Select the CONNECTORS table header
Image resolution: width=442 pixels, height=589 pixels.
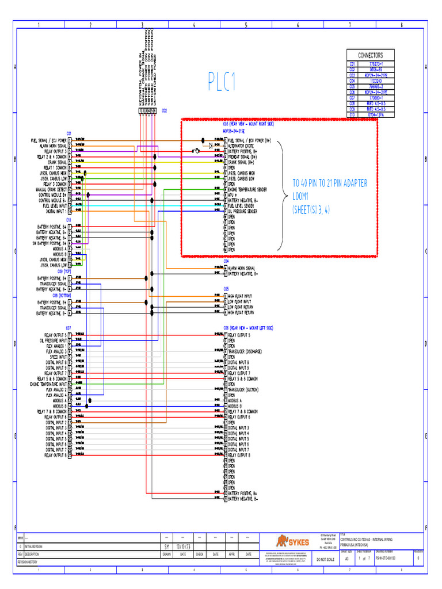click(x=371, y=55)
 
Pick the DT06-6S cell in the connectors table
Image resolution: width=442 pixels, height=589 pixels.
click(x=378, y=70)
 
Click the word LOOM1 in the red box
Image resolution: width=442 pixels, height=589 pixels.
click(x=305, y=196)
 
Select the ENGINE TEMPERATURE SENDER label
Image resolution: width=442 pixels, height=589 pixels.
click(x=247, y=189)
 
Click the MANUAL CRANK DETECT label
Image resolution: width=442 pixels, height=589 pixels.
click(x=50, y=189)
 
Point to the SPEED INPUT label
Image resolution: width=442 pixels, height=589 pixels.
click(x=56, y=357)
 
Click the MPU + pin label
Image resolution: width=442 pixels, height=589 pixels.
click(x=234, y=195)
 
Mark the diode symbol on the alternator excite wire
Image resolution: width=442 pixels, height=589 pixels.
click(x=211, y=146)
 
